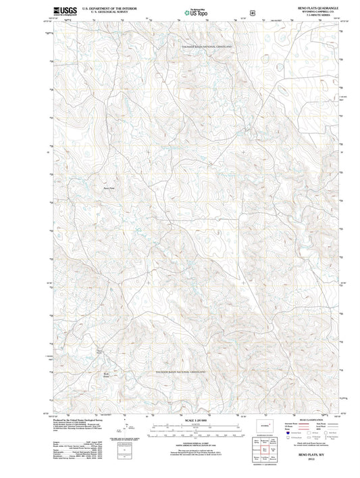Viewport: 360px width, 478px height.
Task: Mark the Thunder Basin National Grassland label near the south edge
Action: [x=180, y=373]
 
